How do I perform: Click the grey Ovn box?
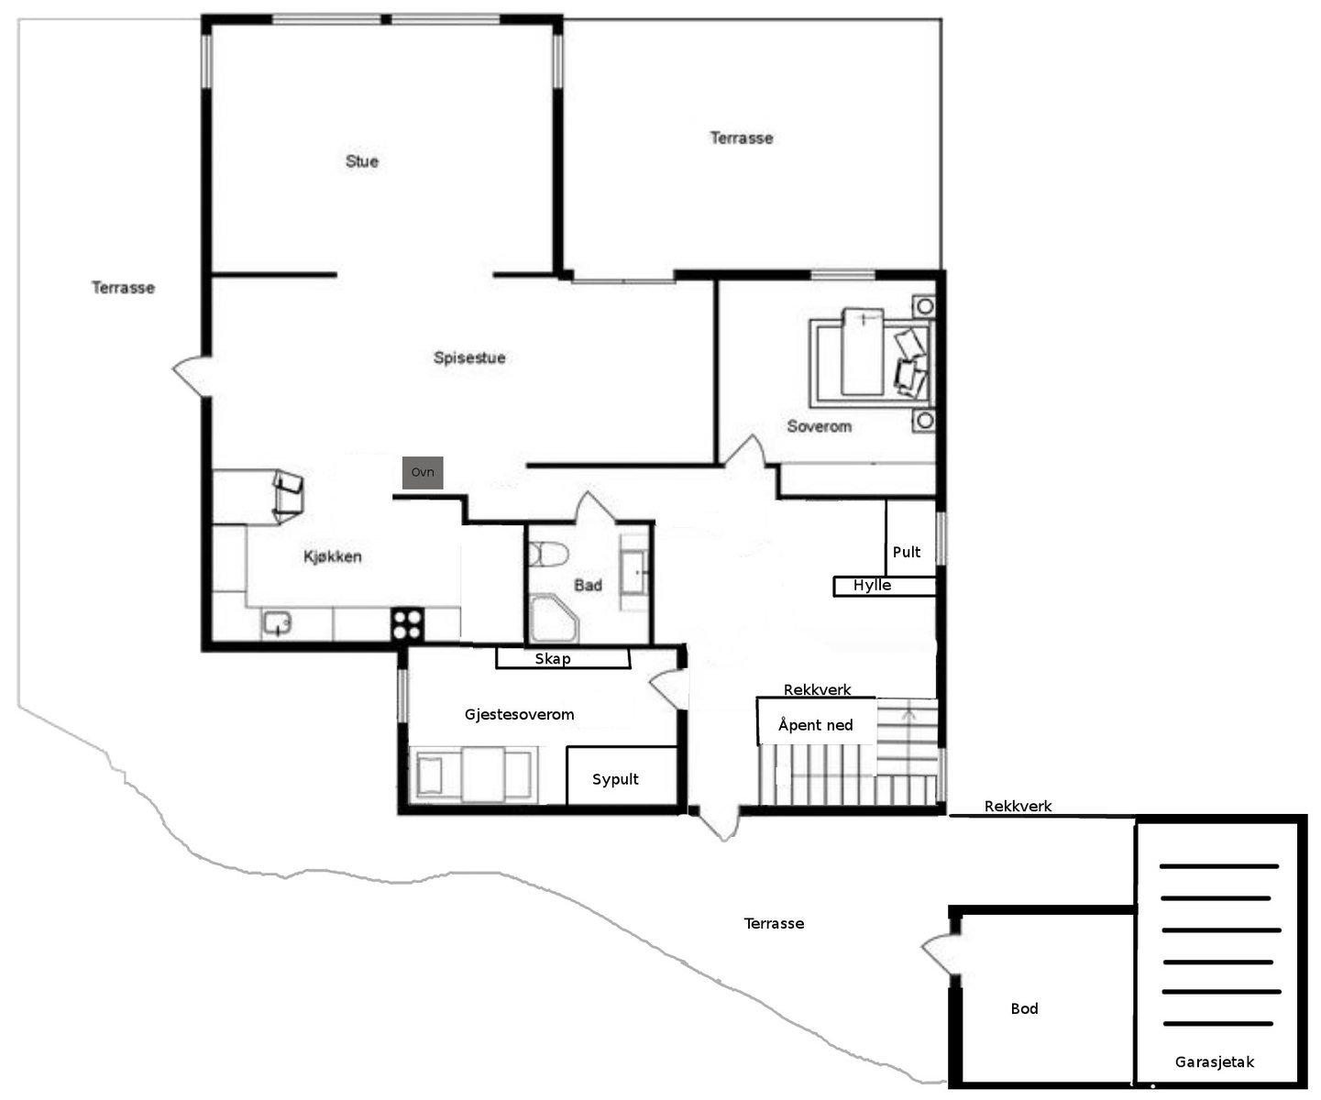422,472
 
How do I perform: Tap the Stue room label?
362,161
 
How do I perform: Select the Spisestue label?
469,358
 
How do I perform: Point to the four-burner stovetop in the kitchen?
407,623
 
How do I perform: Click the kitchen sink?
277,623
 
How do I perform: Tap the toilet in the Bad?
548,555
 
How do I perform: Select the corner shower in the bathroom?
555,619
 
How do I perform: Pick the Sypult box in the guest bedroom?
622,775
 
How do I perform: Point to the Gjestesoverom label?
520,715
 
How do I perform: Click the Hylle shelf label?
872,585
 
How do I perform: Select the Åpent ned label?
816,724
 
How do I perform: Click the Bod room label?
1024,1008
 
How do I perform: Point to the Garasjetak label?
1214,1061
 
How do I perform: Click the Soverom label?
820,426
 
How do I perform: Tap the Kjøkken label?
333,556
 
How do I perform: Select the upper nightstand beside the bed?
924,307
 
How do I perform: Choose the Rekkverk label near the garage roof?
1018,806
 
